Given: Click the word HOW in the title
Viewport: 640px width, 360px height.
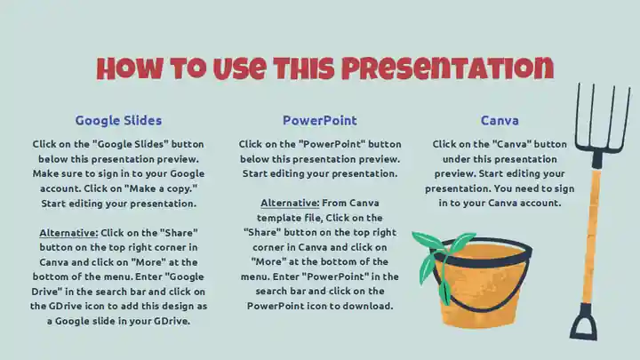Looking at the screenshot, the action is (x=130, y=68).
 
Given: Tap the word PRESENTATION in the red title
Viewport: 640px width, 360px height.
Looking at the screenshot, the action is (x=448, y=68).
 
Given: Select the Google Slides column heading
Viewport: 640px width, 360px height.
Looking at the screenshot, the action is (x=119, y=120).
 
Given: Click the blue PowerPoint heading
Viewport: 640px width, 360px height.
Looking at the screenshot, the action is (x=320, y=120).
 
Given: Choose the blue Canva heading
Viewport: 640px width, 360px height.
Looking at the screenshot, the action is (x=500, y=120).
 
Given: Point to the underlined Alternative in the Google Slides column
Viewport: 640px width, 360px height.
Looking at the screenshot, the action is (x=68, y=233).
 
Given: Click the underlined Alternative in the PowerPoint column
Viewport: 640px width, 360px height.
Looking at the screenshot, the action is (x=290, y=203).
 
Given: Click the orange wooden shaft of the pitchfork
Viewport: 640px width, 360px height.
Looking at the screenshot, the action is (x=591, y=236).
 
